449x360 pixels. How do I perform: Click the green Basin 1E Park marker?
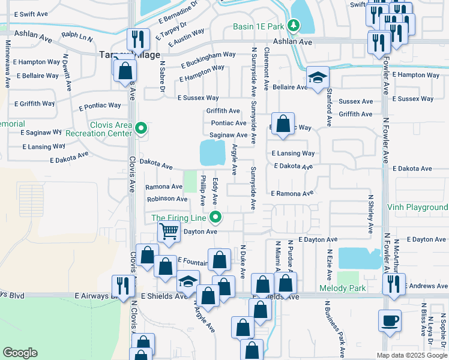[x=293, y=25]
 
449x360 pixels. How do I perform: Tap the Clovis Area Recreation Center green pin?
[x=141, y=128]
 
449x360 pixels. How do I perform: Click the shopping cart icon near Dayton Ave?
[x=169, y=231]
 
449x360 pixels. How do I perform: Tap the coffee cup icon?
[x=390, y=320]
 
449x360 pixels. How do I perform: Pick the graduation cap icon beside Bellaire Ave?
[x=318, y=77]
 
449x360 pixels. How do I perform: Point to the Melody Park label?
[x=360, y=289]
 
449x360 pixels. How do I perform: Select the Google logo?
[x=20, y=352]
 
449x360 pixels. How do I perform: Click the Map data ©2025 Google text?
[x=412, y=355]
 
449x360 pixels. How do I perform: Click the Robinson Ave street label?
[x=167, y=199]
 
